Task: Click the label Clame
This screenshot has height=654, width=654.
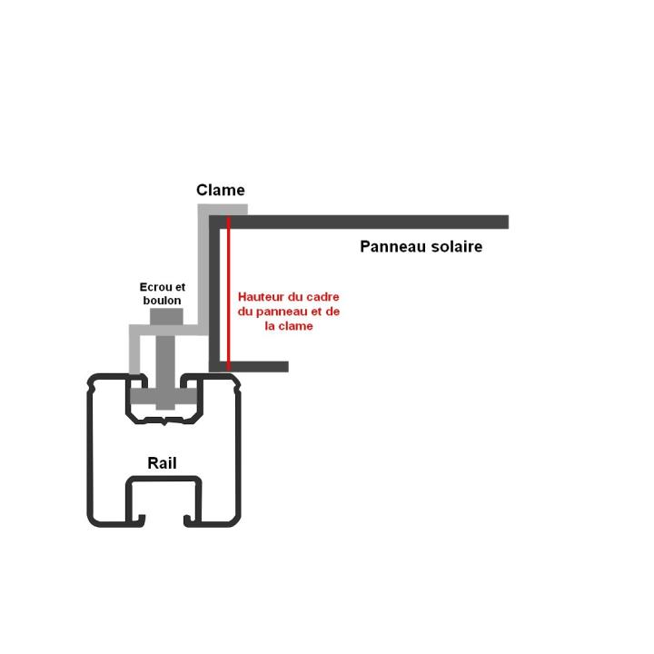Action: tap(221, 190)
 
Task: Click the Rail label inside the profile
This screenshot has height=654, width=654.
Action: tap(162, 463)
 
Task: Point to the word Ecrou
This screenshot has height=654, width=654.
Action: tap(155, 287)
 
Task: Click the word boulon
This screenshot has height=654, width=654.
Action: tap(162, 300)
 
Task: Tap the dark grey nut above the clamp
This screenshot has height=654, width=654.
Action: tap(164, 315)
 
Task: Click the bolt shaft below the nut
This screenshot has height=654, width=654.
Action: tap(164, 359)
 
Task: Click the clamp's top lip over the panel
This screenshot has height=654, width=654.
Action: tap(223, 210)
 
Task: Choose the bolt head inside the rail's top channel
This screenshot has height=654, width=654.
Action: tap(164, 398)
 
